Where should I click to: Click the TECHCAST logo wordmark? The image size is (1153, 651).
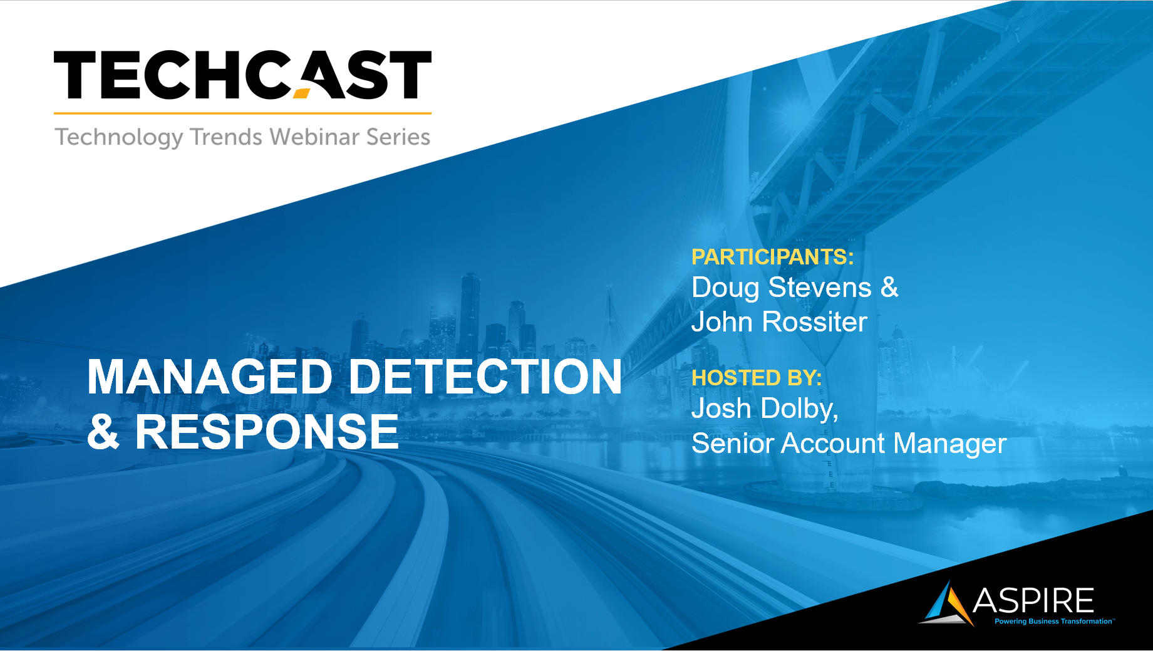click(x=243, y=75)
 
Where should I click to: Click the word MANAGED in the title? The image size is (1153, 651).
click(x=210, y=377)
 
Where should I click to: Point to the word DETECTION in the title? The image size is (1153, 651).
click(x=485, y=377)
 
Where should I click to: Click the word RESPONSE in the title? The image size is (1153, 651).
click(x=267, y=432)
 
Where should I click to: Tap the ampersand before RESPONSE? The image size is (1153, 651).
click(x=103, y=432)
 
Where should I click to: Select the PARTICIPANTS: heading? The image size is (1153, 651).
click(x=772, y=257)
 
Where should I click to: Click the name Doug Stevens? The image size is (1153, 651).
click(x=782, y=288)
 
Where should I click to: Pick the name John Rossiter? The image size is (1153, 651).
click(x=779, y=322)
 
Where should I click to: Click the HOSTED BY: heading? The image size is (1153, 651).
click(x=757, y=378)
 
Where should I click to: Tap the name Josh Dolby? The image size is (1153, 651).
click(x=765, y=409)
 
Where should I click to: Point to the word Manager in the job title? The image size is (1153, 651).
click(x=949, y=444)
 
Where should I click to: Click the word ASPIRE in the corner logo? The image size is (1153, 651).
click(x=1033, y=601)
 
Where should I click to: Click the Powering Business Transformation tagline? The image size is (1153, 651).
click(x=1054, y=622)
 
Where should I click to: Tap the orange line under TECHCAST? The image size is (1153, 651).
click(x=243, y=113)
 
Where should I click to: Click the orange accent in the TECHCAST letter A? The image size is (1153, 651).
click(x=302, y=94)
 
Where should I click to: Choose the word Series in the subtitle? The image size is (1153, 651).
click(x=398, y=137)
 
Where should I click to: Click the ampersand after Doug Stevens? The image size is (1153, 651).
click(x=889, y=288)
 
